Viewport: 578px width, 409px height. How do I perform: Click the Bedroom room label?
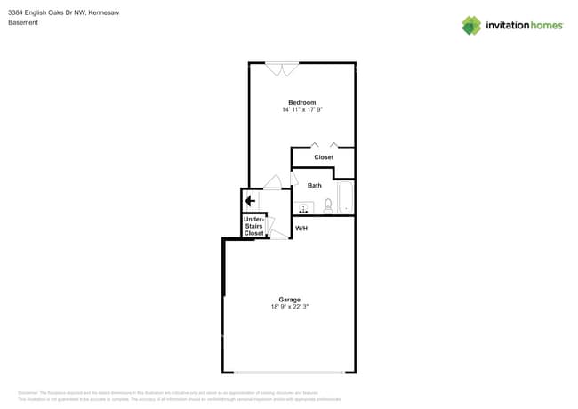point(301,102)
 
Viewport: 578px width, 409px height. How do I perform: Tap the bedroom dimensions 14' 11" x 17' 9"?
point(301,110)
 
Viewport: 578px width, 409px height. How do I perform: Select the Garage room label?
point(289,300)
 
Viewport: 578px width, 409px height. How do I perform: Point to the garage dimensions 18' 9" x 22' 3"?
point(290,307)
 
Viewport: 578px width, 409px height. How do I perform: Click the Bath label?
point(315,186)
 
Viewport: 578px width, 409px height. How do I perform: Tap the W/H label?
point(301,229)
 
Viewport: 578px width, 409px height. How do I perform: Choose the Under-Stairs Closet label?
point(253,226)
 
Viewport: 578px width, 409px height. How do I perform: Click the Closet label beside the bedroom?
point(324,157)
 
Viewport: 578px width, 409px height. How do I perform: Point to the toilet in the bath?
point(328,205)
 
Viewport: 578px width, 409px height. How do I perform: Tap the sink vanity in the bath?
point(303,208)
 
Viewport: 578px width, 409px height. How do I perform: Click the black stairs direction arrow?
point(251,201)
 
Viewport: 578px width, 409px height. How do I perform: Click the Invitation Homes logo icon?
point(471,26)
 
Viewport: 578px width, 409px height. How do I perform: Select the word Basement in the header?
point(23,23)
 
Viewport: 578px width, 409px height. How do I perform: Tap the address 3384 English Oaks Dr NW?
point(45,12)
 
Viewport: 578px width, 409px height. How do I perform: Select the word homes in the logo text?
point(546,26)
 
